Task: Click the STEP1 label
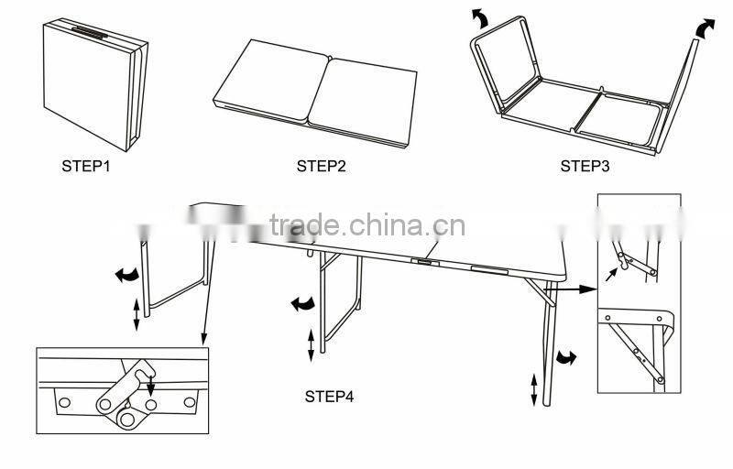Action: click(x=87, y=167)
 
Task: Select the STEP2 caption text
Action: click(x=322, y=167)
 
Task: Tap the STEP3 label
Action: click(x=585, y=167)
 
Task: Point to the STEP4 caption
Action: click(x=329, y=397)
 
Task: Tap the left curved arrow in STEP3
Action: click(x=479, y=18)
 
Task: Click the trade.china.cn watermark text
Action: click(x=366, y=225)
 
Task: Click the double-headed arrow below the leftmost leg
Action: click(x=137, y=315)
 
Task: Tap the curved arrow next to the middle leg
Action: click(x=301, y=303)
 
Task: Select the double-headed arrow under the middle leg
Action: click(x=311, y=345)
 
